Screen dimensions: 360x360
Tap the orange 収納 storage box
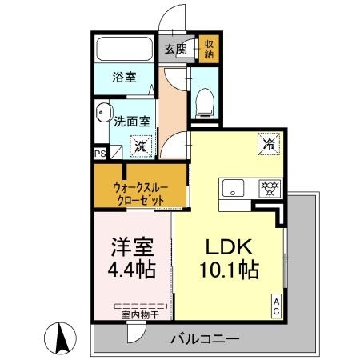[207, 50]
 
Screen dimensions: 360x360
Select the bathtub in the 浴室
[125, 49]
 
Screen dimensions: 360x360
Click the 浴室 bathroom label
[124, 80]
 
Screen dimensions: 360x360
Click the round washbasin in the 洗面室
[102, 112]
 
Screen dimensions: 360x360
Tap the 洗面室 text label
[130, 123]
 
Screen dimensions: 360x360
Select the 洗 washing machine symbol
[140, 146]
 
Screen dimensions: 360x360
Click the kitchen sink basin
[234, 190]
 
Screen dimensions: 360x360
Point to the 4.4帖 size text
[131, 269]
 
